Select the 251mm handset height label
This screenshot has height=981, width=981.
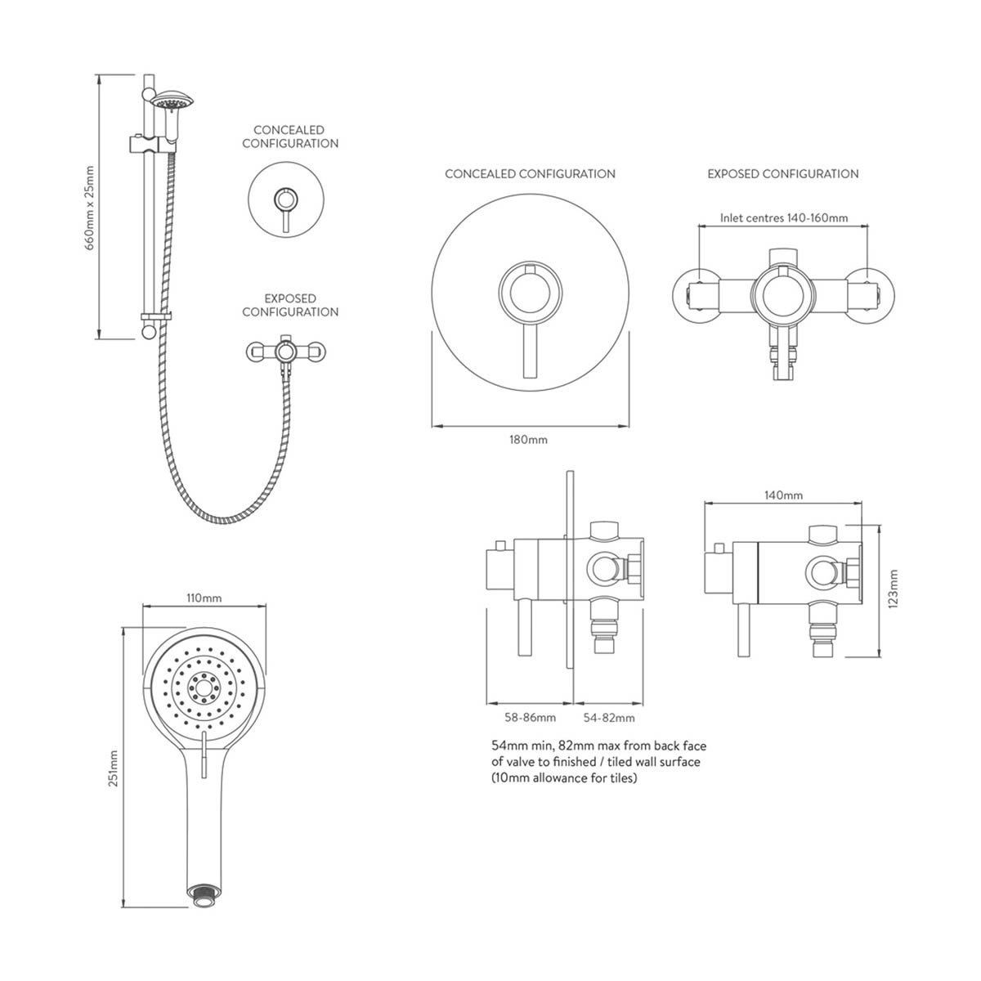click(x=114, y=768)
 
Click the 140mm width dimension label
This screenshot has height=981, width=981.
click(x=782, y=495)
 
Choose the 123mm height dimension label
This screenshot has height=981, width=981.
click(x=893, y=589)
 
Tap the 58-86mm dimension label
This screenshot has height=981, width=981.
click(x=530, y=718)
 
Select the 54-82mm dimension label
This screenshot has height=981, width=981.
click(x=609, y=718)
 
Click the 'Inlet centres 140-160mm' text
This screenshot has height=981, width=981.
click(x=783, y=218)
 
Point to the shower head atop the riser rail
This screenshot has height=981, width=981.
click(x=171, y=101)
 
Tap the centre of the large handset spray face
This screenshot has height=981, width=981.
click(x=201, y=686)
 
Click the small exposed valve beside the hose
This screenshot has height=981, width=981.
click(x=285, y=352)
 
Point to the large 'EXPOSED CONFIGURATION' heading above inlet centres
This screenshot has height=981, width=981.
click(x=782, y=173)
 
